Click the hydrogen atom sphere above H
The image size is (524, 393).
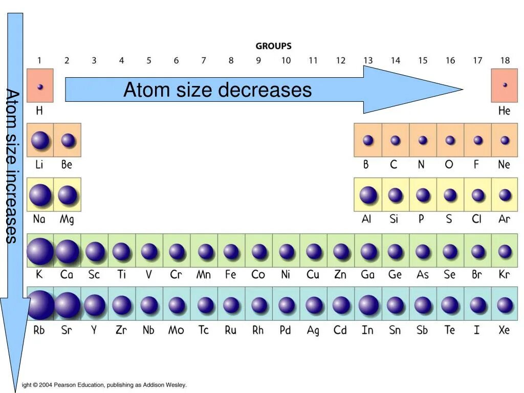[x=40, y=86]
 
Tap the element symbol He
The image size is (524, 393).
[x=504, y=111]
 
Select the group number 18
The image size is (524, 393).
[x=505, y=60]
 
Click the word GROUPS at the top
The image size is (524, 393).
[x=274, y=46]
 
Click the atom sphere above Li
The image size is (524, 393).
[x=40, y=140]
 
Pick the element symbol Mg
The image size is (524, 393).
[x=67, y=220]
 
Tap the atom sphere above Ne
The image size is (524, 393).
[x=505, y=140]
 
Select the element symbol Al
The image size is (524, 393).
[x=366, y=220]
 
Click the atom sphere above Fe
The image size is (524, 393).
[x=231, y=251]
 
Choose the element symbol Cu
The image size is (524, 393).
[x=313, y=275]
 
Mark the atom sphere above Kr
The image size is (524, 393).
[x=505, y=251]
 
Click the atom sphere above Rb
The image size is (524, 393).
[x=40, y=305]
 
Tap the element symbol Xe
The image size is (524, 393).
[x=504, y=330]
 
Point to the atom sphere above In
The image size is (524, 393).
[x=368, y=305]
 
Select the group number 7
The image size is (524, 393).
[x=203, y=60]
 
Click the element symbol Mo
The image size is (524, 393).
[x=176, y=330]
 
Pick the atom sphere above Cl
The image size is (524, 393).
[x=477, y=195]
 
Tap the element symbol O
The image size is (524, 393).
[x=449, y=165]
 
